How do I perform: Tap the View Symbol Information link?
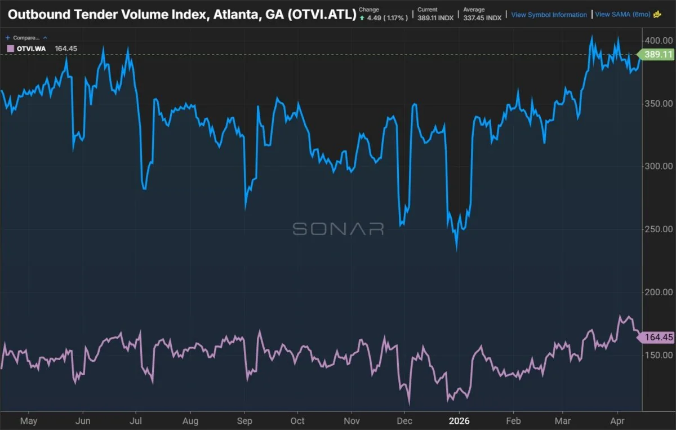click(x=549, y=15)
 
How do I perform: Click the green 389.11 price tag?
click(x=656, y=55)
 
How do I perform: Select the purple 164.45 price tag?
click(x=657, y=338)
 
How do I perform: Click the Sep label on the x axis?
click(x=244, y=420)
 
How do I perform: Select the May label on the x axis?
click(x=28, y=420)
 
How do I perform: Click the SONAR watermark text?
click(x=338, y=229)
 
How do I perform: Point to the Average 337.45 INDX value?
click(x=482, y=18)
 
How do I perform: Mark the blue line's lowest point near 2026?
click(x=457, y=250)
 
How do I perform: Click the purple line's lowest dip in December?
click(x=409, y=404)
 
